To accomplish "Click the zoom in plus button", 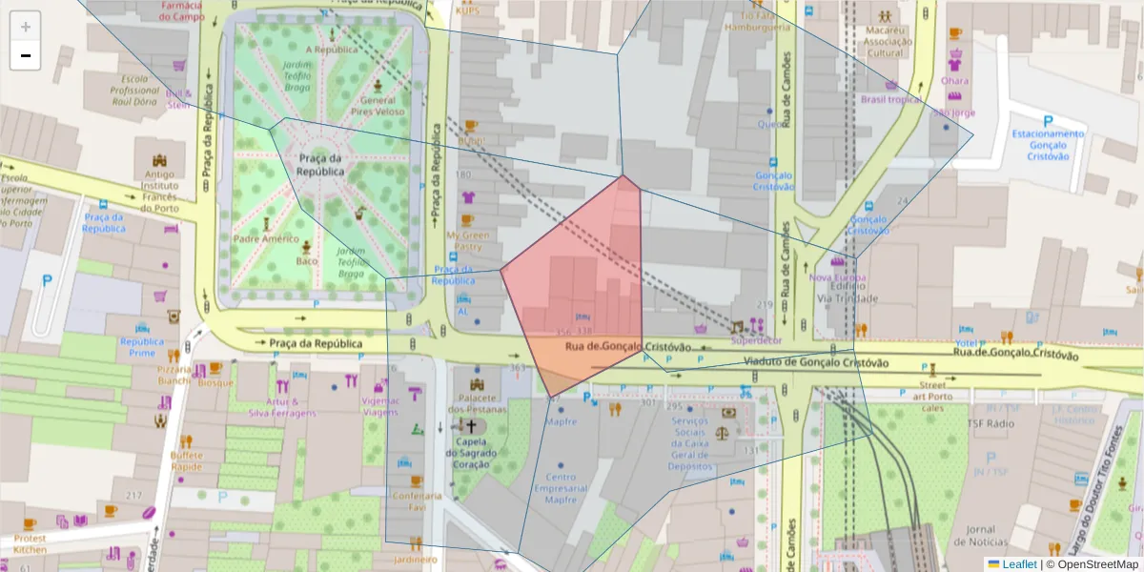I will [26, 27].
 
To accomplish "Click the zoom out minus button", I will [26, 55].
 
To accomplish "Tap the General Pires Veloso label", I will [378, 106].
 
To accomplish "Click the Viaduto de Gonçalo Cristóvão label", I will [815, 363].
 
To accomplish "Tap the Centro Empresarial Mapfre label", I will [561, 488].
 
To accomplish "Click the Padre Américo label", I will [266, 239].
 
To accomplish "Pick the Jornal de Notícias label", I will [980, 536].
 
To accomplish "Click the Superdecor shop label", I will [756, 339].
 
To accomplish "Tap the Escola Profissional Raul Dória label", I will [134, 90].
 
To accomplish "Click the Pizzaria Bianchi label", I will [174, 375].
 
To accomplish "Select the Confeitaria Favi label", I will [417, 501].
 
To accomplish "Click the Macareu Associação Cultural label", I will [885, 42].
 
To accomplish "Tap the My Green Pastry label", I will [467, 240].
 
